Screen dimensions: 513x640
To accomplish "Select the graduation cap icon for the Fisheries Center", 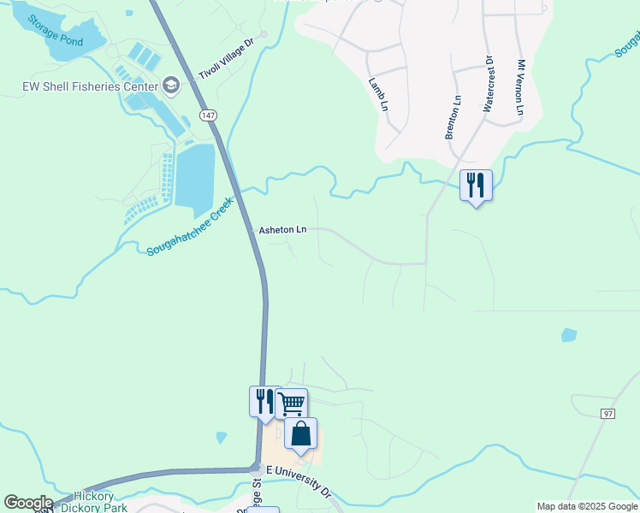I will coord(170,85).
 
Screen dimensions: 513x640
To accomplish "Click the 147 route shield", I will coord(207,115).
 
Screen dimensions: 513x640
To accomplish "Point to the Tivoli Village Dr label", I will coord(227,53).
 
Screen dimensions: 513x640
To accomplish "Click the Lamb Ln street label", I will coord(378,95).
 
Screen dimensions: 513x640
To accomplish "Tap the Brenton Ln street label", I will coord(453,117).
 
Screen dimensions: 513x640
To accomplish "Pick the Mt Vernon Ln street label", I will coord(520,88).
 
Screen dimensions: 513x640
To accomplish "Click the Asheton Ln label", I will coord(282,230).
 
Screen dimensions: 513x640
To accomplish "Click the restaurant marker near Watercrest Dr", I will coord(476,185).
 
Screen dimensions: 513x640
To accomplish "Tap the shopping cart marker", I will coord(292,403).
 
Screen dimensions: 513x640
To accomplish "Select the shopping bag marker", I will coord(301,433).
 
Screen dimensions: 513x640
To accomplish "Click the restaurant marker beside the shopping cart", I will coord(264,400).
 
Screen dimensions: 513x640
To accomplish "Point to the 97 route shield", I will coord(608,414).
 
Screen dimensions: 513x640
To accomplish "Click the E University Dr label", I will coord(299,481).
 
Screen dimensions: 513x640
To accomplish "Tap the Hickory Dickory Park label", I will coord(100,502).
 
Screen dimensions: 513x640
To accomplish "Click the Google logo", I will coord(28,503).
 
